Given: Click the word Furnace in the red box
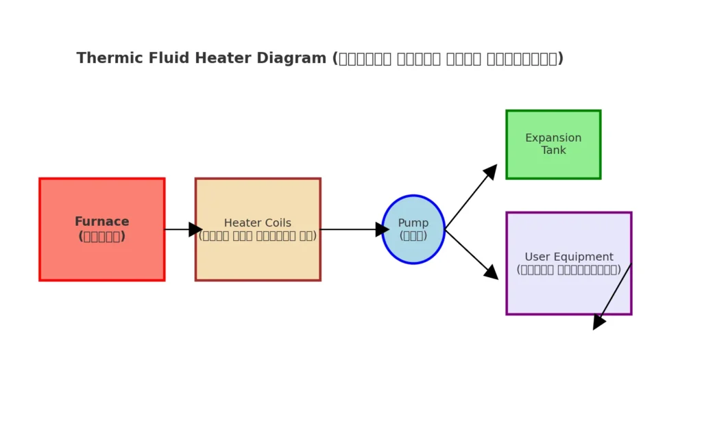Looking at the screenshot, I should (101, 222).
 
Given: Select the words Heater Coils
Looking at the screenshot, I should (257, 223).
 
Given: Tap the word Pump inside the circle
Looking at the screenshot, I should (413, 223).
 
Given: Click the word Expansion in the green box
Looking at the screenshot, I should (553, 138).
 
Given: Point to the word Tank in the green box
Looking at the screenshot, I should (553, 151).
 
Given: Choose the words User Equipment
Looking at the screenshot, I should (568, 257).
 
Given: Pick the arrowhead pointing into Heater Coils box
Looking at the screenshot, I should (195, 229).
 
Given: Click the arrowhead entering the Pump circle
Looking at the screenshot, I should (383, 229).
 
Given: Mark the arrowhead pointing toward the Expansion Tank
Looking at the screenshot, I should (490, 171).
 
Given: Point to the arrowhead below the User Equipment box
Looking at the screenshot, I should (598, 322).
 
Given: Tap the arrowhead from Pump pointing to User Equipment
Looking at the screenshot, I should (491, 272).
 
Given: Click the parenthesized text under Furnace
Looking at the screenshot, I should (101, 237).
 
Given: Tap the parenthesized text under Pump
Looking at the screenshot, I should (413, 236).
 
